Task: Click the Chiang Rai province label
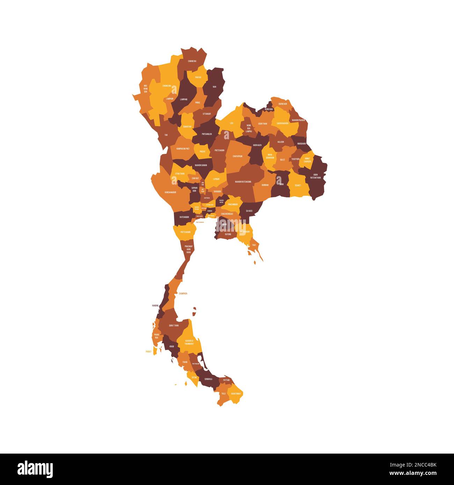(x=192, y=61)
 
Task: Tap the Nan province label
(x=214, y=87)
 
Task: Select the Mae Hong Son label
(x=146, y=88)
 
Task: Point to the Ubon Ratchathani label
(x=315, y=176)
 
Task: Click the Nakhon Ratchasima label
(x=243, y=182)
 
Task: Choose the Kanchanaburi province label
(x=170, y=192)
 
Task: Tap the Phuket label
(x=149, y=352)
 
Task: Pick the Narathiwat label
(x=236, y=394)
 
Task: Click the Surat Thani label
(x=174, y=325)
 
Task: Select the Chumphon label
(x=183, y=294)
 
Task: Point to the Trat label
(x=254, y=245)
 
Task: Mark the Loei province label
(x=232, y=123)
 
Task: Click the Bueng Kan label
(x=283, y=104)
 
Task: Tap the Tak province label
(x=166, y=135)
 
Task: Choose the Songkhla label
(x=208, y=379)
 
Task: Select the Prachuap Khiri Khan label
(x=189, y=249)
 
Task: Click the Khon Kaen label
(x=257, y=145)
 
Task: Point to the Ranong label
(x=155, y=306)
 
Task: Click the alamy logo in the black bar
(x=35, y=469)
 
